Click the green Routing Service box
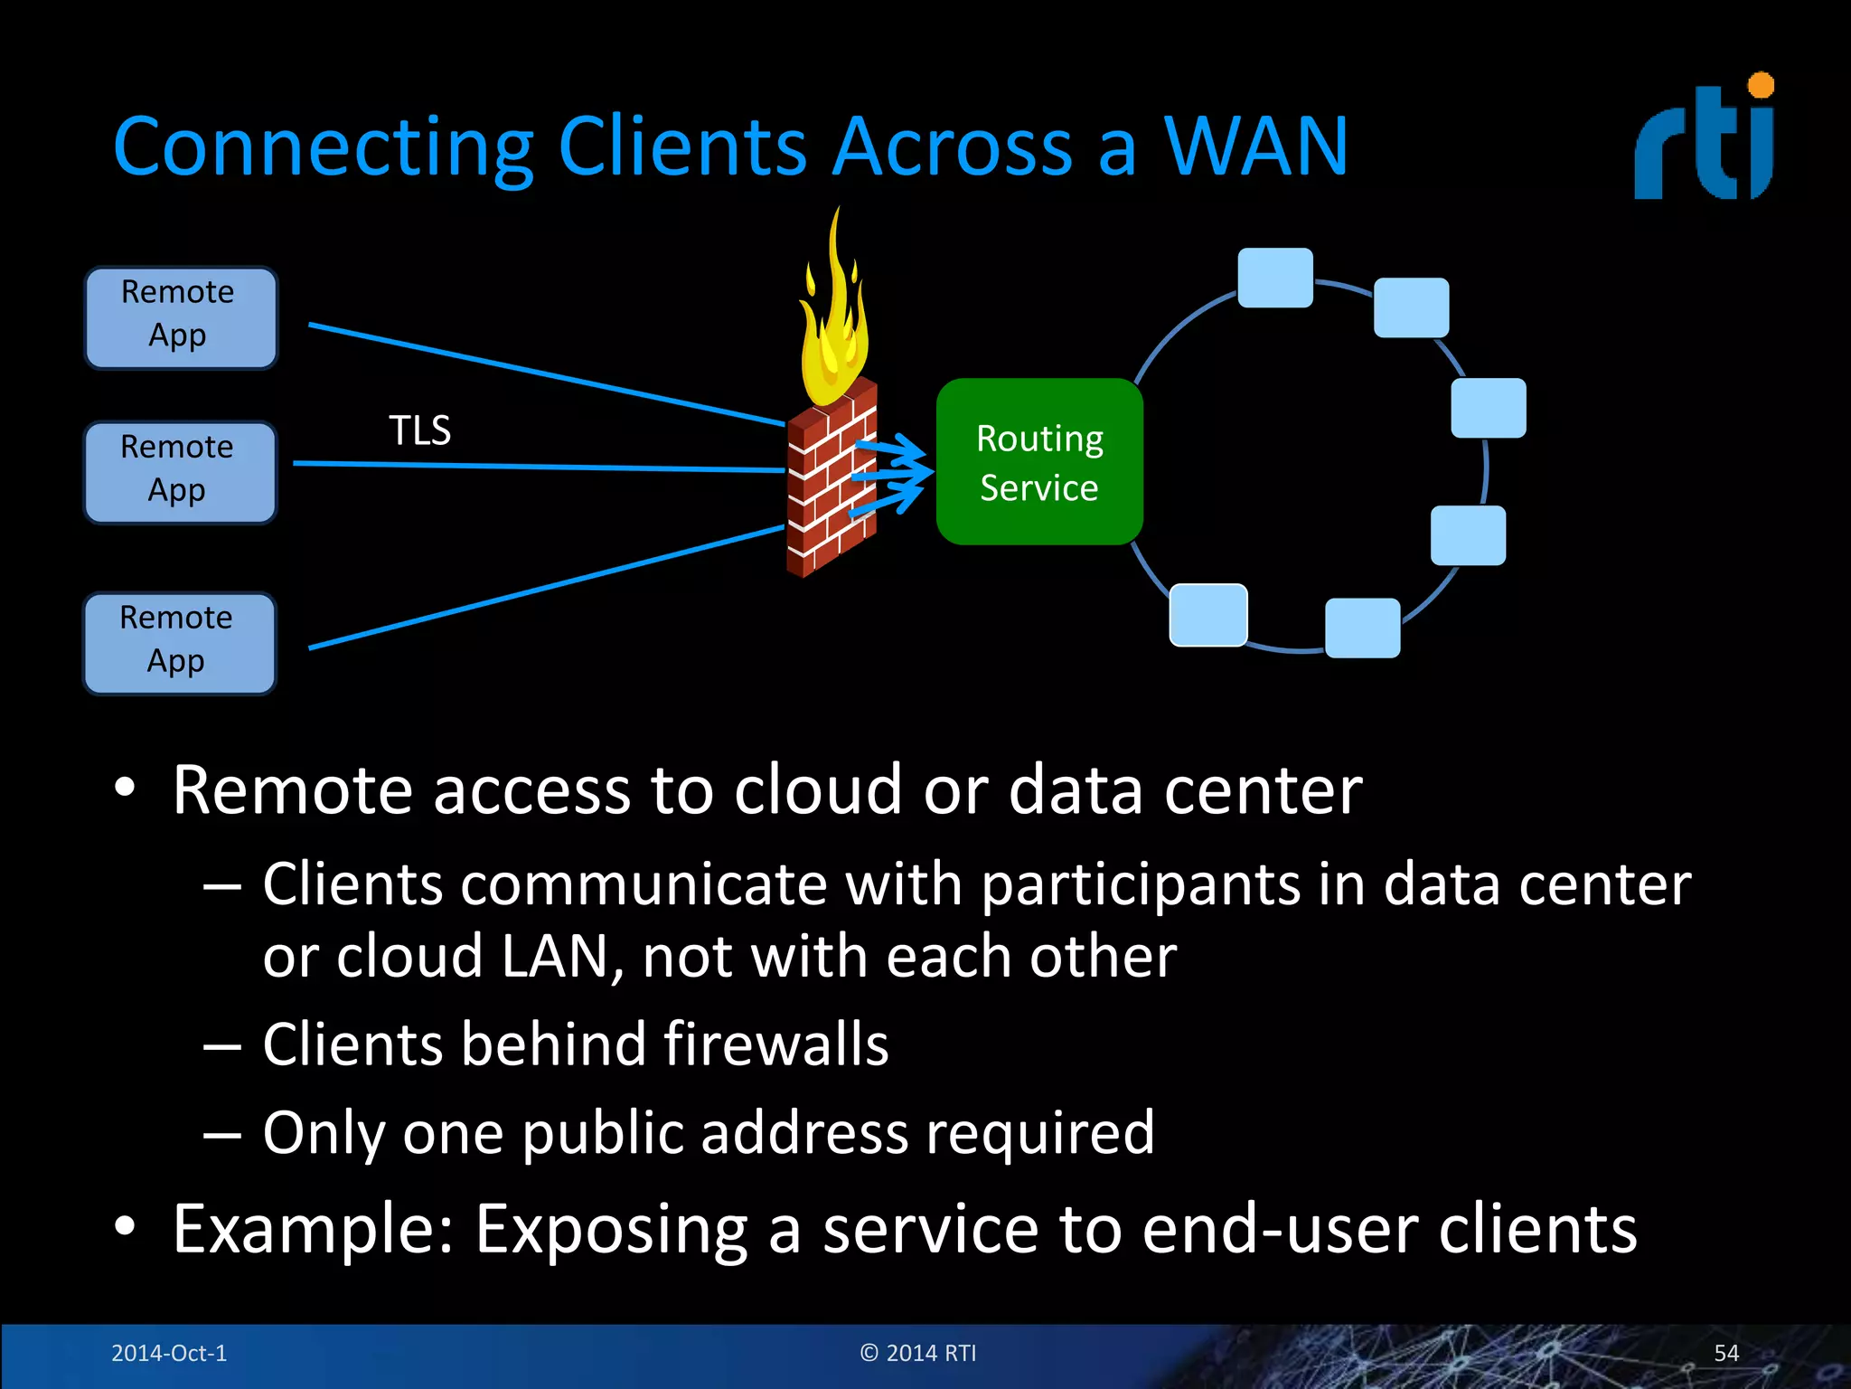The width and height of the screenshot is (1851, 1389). [1039, 462]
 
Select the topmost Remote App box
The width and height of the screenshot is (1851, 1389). [181, 317]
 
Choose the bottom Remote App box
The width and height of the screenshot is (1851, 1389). [179, 643]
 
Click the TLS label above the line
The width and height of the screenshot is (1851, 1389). [419, 430]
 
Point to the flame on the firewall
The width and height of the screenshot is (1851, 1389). [832, 317]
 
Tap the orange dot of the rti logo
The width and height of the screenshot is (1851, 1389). [1761, 85]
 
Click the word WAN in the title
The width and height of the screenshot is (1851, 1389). [1255, 146]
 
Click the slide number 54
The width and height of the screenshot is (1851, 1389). [1725, 1353]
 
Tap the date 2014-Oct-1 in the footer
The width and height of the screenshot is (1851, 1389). [169, 1353]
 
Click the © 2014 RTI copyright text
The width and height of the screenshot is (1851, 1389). [918, 1353]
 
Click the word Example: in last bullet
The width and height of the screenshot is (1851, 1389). [313, 1230]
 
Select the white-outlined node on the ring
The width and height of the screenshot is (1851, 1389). [1208, 615]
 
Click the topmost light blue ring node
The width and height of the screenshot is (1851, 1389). [1274, 278]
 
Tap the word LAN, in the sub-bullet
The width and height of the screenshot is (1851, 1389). [561, 957]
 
